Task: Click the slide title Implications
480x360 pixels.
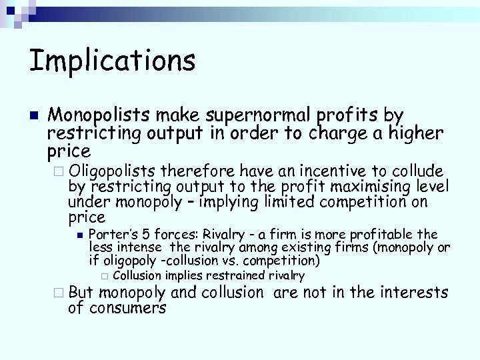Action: coord(112,60)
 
